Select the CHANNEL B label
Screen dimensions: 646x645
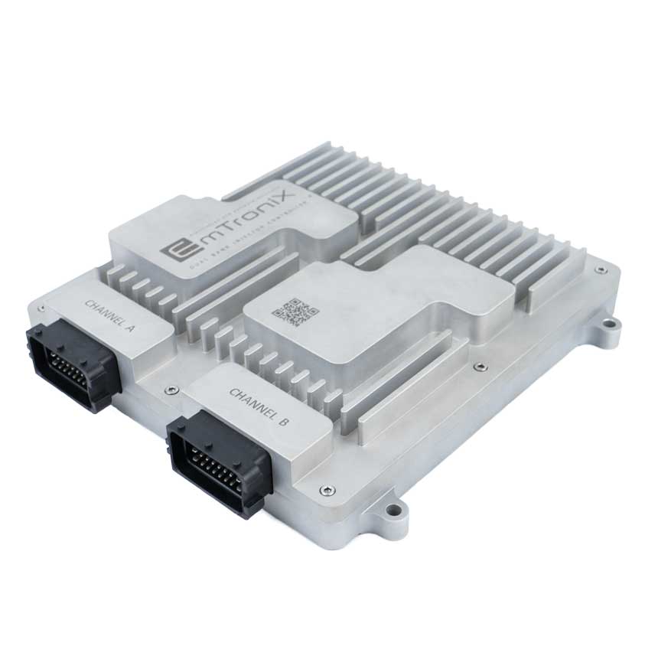click(x=259, y=406)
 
